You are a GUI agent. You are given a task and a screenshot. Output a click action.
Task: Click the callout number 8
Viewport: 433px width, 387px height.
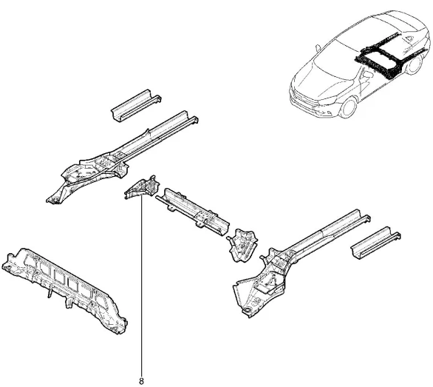(x=141, y=381)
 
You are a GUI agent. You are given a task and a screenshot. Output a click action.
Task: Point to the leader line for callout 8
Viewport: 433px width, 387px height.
(x=142, y=285)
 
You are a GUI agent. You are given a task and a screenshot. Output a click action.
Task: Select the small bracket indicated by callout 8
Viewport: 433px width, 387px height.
(x=142, y=186)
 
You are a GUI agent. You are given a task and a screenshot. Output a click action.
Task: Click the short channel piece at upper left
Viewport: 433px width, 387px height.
(x=136, y=106)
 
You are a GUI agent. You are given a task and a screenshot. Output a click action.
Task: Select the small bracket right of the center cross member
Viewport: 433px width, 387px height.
(x=242, y=245)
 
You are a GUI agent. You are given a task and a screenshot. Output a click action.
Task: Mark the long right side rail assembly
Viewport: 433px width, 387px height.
(x=301, y=263)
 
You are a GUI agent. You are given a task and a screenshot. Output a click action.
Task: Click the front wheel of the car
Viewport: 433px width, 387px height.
(x=349, y=107)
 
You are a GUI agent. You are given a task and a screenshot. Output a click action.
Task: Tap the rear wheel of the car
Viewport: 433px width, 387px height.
(x=414, y=64)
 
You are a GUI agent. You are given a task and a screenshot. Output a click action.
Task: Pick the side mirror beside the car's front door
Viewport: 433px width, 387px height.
(x=367, y=75)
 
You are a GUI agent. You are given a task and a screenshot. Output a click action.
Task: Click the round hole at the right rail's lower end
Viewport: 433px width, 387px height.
(x=249, y=309)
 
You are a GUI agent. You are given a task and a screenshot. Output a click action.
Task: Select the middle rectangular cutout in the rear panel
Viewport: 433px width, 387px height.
(x=58, y=275)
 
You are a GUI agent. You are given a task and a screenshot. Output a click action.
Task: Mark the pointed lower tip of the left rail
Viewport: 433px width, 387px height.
(x=47, y=201)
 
